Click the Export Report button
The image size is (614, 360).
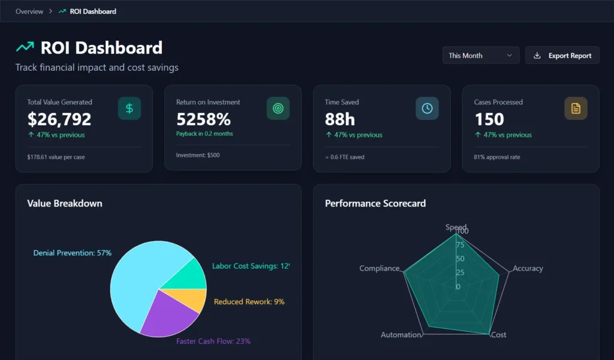562,56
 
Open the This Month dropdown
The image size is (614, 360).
480,56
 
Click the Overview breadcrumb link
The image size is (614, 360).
29,11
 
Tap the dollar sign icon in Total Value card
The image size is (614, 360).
130,109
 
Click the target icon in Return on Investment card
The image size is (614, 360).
278,109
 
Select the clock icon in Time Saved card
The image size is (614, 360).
427,109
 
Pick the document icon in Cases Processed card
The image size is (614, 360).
576,109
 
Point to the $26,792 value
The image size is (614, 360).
59,119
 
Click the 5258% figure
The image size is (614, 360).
203,119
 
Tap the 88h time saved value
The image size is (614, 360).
340,119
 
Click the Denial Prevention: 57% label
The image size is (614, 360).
73,253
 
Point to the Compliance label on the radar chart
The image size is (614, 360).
379,268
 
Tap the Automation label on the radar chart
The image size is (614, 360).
401,335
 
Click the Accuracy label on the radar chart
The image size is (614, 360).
528,268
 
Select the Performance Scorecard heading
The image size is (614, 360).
375,203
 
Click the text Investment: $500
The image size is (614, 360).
198,155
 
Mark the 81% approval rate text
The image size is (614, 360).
497,157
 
